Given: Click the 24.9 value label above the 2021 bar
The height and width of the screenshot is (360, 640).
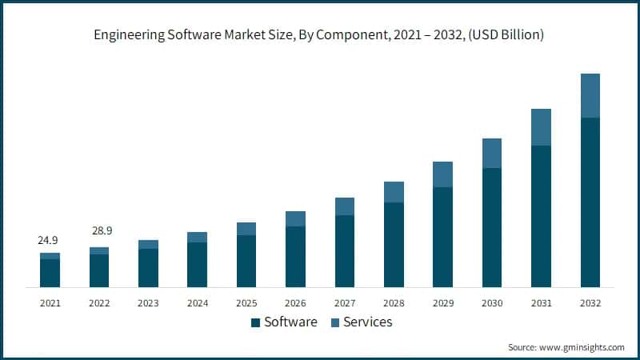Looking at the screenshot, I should pyautogui.click(x=50, y=240).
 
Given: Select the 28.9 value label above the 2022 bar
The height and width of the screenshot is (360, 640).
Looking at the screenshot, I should pyautogui.click(x=99, y=230).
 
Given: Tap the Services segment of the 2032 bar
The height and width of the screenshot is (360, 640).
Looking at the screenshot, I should pyautogui.click(x=590, y=95).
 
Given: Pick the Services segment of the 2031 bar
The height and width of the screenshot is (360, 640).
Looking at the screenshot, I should pyautogui.click(x=541, y=127).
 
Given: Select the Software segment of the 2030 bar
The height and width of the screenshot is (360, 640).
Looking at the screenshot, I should pyautogui.click(x=492, y=227).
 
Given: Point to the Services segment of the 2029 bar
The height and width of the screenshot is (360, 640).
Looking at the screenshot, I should pyautogui.click(x=442, y=174).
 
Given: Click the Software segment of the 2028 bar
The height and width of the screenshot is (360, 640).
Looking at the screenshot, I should pyautogui.click(x=394, y=244).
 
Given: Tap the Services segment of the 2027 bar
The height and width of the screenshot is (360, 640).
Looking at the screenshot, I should pyautogui.click(x=345, y=206).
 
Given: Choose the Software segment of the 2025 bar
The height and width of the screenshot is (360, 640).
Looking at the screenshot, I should pyautogui.click(x=246, y=261).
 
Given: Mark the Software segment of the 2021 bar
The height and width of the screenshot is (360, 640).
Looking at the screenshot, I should pyautogui.click(x=50, y=273).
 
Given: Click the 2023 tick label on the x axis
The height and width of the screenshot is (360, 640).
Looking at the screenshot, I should pyautogui.click(x=148, y=303).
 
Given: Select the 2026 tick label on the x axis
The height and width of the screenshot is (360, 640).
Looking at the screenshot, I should pyautogui.click(x=295, y=303).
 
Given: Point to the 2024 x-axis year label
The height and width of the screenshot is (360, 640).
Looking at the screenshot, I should pyautogui.click(x=198, y=303).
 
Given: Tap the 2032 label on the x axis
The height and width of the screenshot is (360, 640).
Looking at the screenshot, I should pyautogui.click(x=590, y=303).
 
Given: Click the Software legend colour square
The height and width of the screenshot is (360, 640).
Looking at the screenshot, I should pyautogui.click(x=255, y=322).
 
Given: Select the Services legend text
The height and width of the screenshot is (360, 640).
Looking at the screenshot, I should pyautogui.click(x=367, y=322).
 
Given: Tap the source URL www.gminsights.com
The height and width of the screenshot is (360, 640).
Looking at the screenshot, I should pyautogui.click(x=582, y=347).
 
